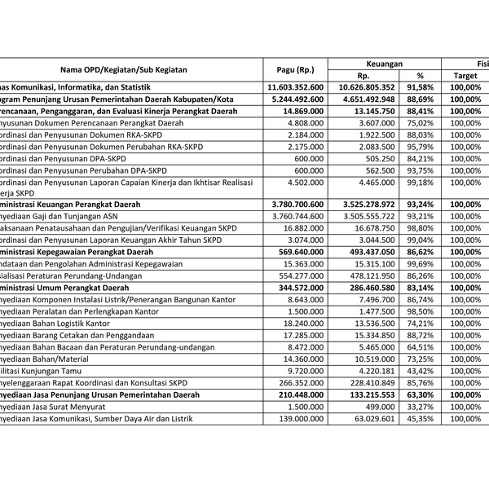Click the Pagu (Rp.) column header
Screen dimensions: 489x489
pos(294,70)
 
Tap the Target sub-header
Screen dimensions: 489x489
pos(465,76)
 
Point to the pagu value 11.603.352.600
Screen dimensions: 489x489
pos(295,87)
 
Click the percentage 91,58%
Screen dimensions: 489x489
pos(420,87)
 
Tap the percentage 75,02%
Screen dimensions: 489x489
pos(420,123)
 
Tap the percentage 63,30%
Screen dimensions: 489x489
pos(420,394)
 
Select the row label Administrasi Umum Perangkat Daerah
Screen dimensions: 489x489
pos(65,288)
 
